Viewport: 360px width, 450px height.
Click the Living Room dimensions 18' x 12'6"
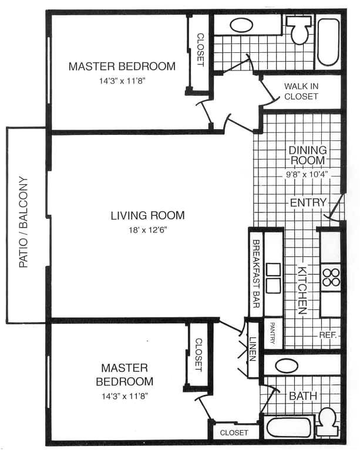[x=148, y=230]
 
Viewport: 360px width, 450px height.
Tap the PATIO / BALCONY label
[x=23, y=222]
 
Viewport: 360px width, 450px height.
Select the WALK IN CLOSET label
[x=301, y=92]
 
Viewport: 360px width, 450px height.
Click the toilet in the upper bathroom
[x=299, y=29]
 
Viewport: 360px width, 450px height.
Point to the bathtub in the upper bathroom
[x=328, y=42]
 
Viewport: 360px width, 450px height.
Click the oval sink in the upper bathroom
[x=241, y=25]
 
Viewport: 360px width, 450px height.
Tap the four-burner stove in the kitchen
[x=331, y=278]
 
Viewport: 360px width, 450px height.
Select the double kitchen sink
[x=273, y=278]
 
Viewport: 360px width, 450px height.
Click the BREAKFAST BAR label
[x=256, y=273]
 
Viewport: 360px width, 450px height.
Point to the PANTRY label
[x=272, y=333]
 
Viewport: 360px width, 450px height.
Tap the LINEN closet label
[x=253, y=349]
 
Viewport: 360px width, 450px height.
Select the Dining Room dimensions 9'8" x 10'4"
[x=307, y=174]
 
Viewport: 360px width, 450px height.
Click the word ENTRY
[x=308, y=202]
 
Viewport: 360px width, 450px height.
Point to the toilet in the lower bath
[x=328, y=422]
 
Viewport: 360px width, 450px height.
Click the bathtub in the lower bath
[x=289, y=427]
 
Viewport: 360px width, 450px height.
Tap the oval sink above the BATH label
[x=287, y=366]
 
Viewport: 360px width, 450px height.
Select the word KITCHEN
[x=302, y=290]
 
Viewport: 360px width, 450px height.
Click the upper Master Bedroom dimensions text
[x=122, y=81]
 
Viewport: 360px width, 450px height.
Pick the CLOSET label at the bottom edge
[x=234, y=432]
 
